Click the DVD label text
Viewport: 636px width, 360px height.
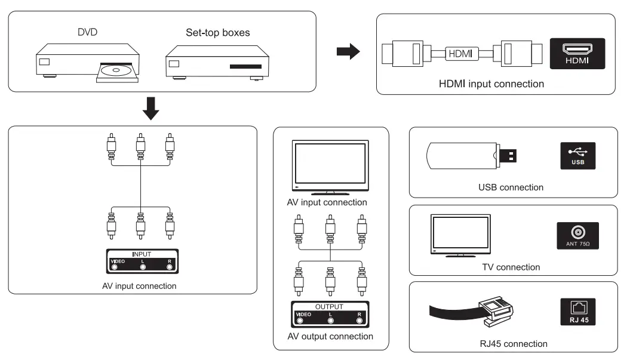(87, 32)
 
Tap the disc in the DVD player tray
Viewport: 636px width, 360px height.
(116, 70)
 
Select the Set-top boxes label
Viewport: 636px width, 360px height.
(218, 32)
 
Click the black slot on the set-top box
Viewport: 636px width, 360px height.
(246, 66)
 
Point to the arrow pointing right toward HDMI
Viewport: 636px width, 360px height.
(348, 51)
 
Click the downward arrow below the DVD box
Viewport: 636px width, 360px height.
(151, 108)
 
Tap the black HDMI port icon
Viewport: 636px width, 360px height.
(577, 54)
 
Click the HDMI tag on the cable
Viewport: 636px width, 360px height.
(461, 54)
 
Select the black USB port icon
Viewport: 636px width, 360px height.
(578, 156)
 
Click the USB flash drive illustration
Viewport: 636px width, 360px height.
(471, 156)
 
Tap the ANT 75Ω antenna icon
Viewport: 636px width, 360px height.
(578, 236)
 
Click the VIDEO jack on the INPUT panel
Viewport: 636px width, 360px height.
(115, 267)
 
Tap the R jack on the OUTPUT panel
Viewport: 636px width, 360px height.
(360, 321)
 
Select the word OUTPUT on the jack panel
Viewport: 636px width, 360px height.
(330, 307)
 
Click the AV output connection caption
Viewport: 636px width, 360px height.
(330, 337)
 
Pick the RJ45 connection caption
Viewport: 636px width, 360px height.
(514, 344)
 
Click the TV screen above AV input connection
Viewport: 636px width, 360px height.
(330, 164)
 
